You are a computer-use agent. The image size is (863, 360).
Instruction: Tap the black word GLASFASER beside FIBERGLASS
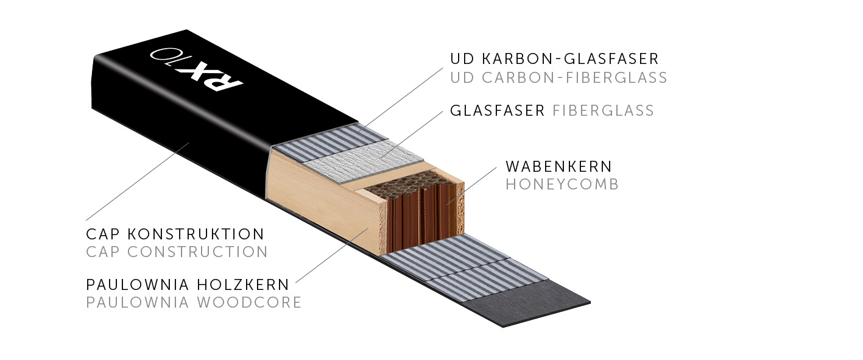point(497,111)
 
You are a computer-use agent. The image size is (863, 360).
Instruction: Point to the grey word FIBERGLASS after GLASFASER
point(603,111)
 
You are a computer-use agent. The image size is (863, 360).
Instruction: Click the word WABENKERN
point(558,166)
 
